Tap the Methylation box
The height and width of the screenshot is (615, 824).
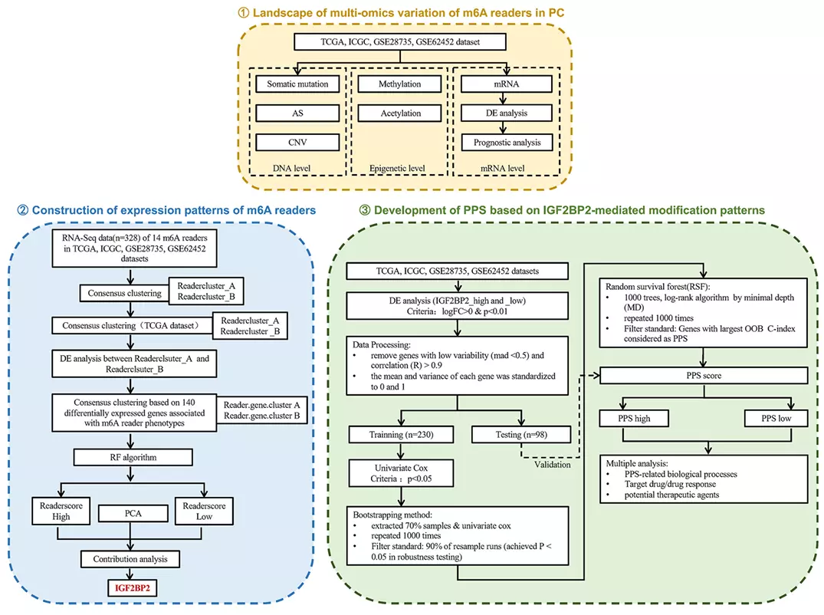click(x=400, y=84)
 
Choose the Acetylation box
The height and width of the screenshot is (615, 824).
click(x=400, y=113)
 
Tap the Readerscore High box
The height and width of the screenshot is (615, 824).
click(x=62, y=511)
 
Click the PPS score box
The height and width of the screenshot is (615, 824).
click(x=704, y=376)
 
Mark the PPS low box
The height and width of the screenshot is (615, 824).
click(x=776, y=419)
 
